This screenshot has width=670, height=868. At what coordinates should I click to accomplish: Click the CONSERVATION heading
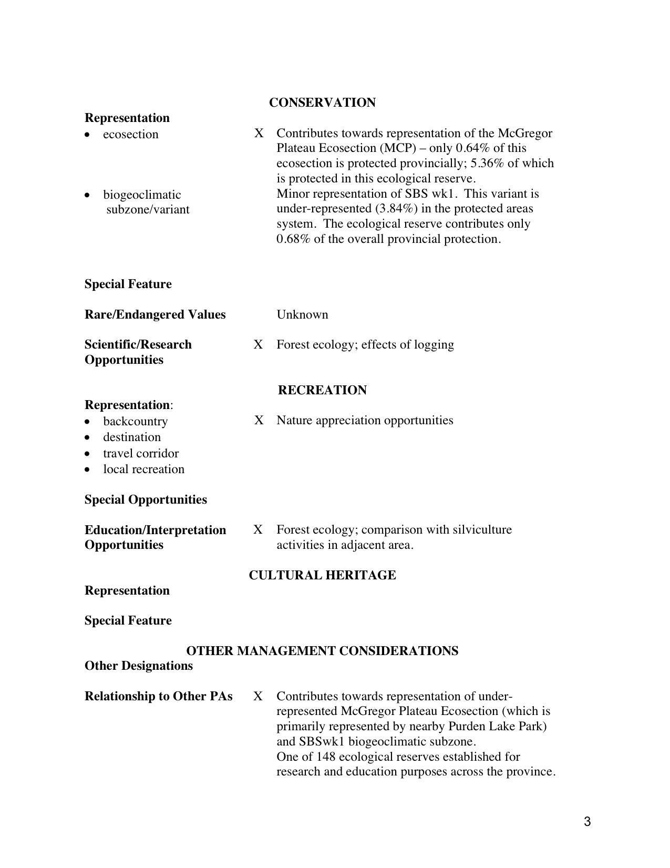click(322, 103)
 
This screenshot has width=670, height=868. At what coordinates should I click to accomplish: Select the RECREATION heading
click(322, 390)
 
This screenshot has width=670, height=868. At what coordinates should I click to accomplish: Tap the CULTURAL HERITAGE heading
click(322, 575)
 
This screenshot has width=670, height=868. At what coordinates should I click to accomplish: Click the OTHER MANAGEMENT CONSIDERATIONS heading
click(322, 651)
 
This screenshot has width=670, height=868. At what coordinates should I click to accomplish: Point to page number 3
click(587, 822)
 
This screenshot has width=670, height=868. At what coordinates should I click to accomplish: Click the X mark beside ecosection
click(259, 133)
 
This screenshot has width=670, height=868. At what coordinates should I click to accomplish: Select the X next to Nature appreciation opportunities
click(259, 420)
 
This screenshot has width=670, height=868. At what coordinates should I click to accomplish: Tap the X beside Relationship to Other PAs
click(258, 696)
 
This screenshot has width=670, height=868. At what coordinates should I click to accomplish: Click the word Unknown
click(302, 314)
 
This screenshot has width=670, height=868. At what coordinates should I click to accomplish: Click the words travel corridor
click(141, 453)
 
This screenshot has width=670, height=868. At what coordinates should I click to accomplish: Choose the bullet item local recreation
click(143, 469)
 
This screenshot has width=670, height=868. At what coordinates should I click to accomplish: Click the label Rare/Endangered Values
click(155, 314)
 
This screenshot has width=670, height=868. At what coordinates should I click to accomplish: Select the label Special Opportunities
click(146, 499)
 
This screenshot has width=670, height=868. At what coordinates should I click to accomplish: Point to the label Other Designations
click(139, 666)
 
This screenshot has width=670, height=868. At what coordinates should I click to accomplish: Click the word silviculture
click(479, 529)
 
